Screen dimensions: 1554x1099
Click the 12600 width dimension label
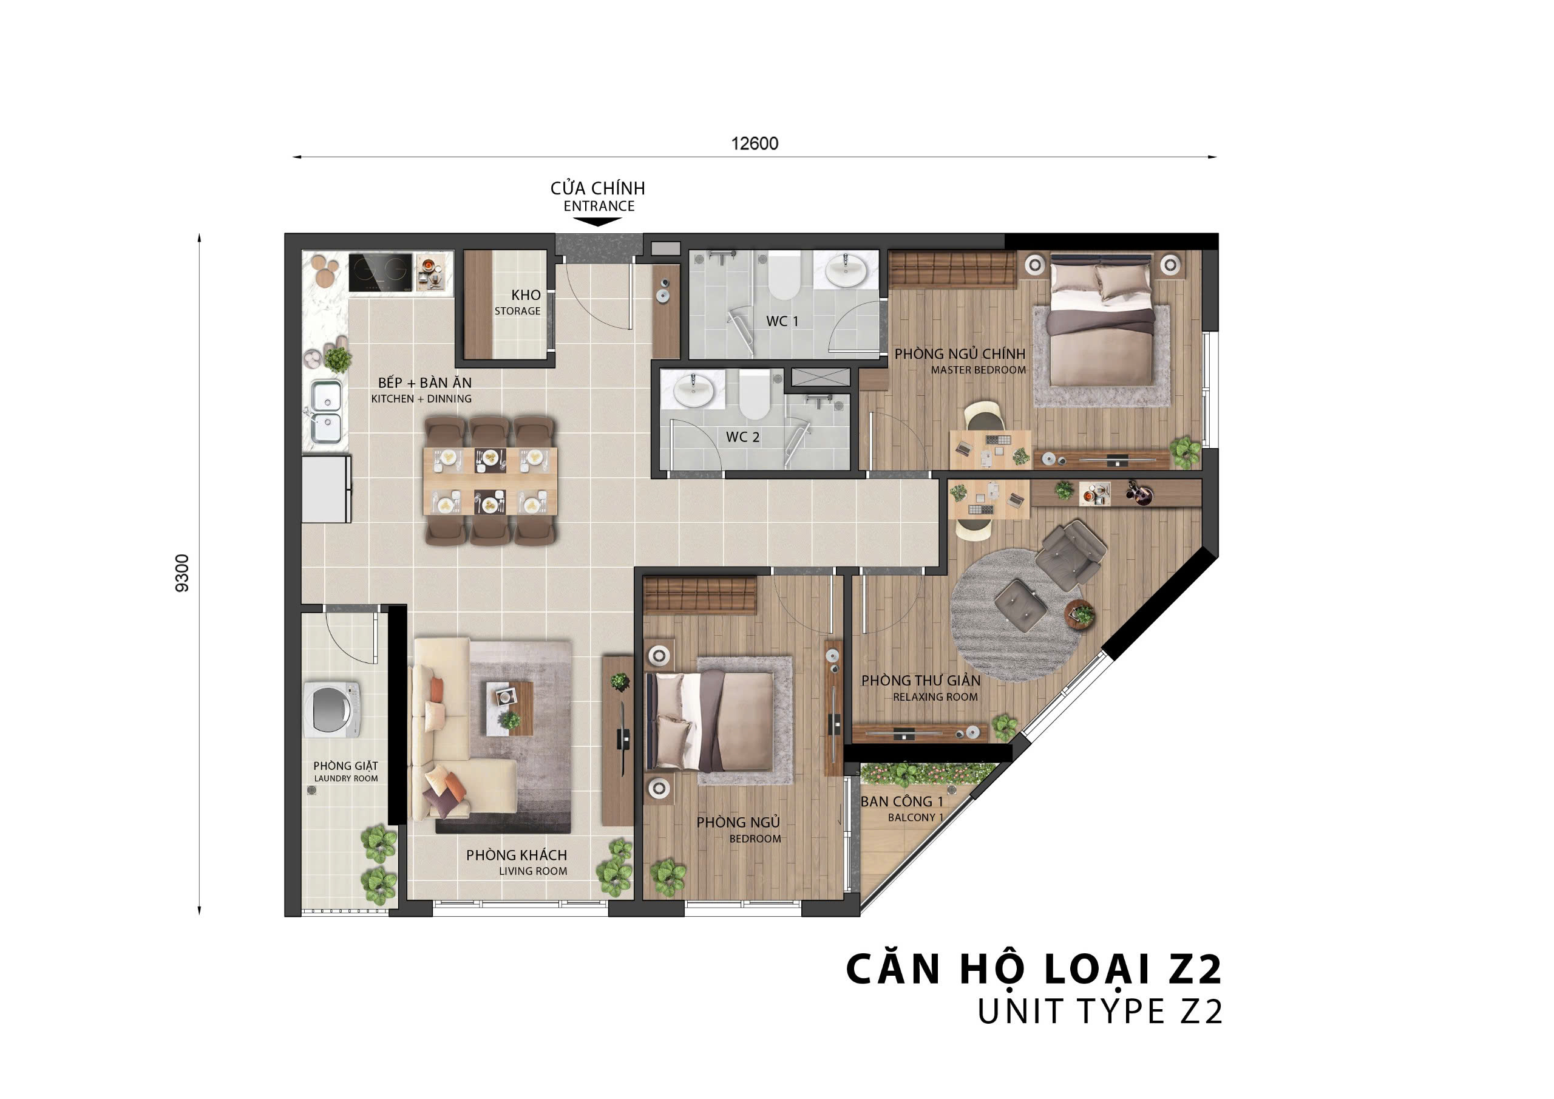pos(754,143)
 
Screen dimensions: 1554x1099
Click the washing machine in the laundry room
pos(331,710)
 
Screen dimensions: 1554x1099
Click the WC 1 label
pos(782,321)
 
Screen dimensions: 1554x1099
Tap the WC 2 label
pos(742,437)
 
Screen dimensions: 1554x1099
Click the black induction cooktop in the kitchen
pos(381,273)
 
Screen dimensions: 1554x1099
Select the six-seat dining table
pos(490,481)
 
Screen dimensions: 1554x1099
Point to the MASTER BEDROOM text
pos(978,370)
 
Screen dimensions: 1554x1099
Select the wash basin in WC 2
pos(693,390)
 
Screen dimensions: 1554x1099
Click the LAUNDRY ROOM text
pos(346,779)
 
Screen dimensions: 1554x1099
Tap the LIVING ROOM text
pos(534,871)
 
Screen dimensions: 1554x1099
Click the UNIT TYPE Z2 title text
pos(1100,1012)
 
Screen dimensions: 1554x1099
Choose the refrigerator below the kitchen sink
pos(326,489)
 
